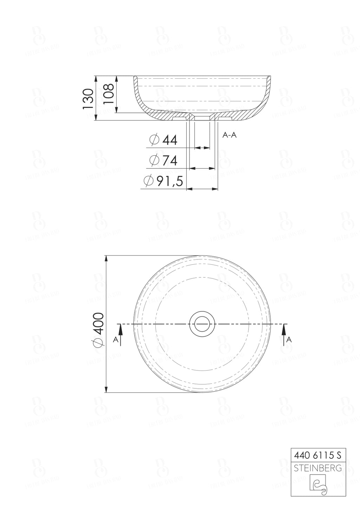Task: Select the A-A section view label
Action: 230,135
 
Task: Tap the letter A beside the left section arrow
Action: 115,340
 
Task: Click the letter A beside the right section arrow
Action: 289,340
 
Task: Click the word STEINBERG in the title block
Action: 317,468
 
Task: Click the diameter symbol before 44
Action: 154,140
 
